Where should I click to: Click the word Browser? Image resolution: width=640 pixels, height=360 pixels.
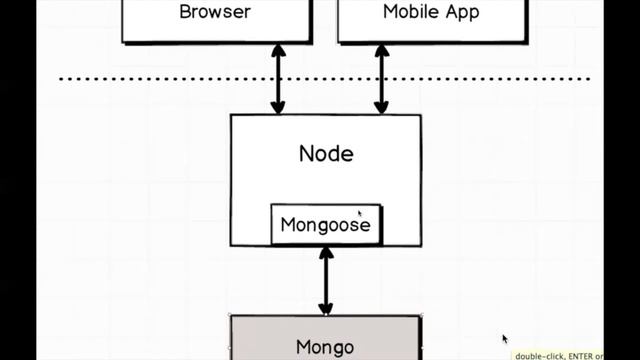coord(214,13)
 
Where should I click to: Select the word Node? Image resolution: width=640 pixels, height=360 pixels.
coord(326,154)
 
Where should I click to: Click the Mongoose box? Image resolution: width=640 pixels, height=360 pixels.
coord(325,224)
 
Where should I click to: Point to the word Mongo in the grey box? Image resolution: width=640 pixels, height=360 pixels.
coord(325,347)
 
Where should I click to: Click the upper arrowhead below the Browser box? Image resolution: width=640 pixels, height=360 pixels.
coord(279,51)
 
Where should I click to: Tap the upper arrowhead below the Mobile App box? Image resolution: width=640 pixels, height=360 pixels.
coord(381,51)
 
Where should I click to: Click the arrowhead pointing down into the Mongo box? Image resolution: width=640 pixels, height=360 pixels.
coord(325,308)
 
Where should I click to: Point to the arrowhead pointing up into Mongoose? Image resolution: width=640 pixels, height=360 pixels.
coord(325,252)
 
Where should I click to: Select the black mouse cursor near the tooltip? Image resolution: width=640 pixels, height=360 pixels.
coord(505,339)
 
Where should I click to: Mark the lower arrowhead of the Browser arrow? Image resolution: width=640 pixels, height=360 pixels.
coord(279,107)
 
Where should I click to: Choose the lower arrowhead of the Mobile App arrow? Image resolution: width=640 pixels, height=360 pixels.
coord(381,107)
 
